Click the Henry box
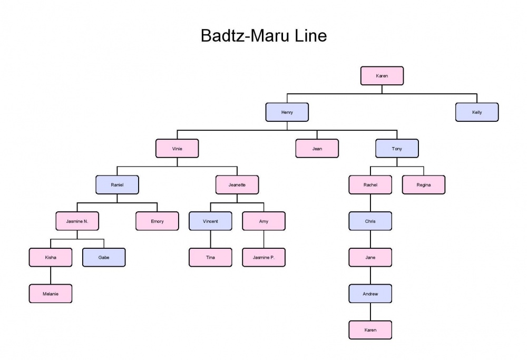pyautogui.click(x=287, y=112)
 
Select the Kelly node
pyautogui.click(x=476, y=112)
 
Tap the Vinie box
pyautogui.click(x=177, y=149)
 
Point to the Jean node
pyautogui.click(x=317, y=149)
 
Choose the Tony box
pyautogui.click(x=397, y=149)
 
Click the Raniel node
pyautogui.click(x=117, y=185)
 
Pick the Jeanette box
pyautogui.click(x=237, y=185)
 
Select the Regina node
pyautogui.click(x=424, y=185)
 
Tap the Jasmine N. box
pyautogui.click(x=77, y=221)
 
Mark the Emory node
pyautogui.click(x=157, y=221)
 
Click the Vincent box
pyautogui.click(x=210, y=221)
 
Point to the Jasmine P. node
pyautogui.click(x=263, y=258)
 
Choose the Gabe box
pyautogui.click(x=104, y=258)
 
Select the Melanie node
pyautogui.click(x=51, y=294)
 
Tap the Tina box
pyautogui.click(x=210, y=258)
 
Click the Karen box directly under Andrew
pyautogui.click(x=370, y=330)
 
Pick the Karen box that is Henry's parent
pyautogui.click(x=382, y=76)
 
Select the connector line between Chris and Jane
pyautogui.click(x=370, y=239)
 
